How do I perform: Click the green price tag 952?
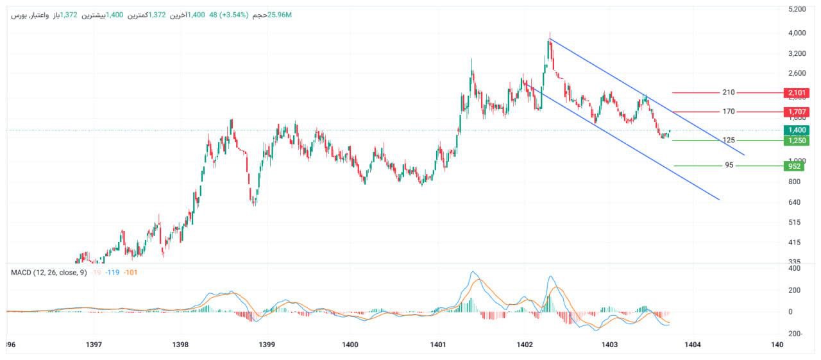pos(794,166)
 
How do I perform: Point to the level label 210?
pos(728,92)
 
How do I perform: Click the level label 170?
pos(728,112)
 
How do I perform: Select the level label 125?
pos(728,140)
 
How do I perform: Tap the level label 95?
pos(729,166)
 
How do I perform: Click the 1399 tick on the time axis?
pos(267,345)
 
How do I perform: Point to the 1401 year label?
pos(438,345)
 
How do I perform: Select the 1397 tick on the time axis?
pos(94,345)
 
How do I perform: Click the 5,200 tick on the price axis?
pos(797,9)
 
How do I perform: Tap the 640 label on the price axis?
pos(795,202)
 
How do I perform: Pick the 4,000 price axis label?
pos(797,33)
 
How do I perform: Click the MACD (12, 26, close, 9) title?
pos(49,273)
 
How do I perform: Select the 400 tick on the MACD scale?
pos(795,268)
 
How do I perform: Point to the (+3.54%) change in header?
pos(235,15)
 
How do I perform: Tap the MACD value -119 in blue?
pos(114,273)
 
